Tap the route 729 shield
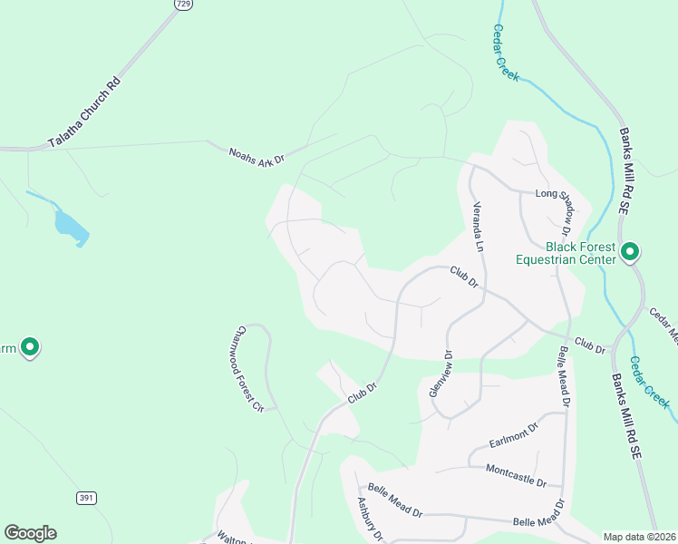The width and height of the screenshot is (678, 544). (183, 5)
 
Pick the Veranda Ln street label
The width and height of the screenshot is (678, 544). (479, 226)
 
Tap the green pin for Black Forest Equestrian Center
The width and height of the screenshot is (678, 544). (630, 251)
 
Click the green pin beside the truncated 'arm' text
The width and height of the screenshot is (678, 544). (29, 346)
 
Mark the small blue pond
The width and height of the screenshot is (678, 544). (70, 228)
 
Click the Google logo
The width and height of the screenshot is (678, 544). (30, 533)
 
